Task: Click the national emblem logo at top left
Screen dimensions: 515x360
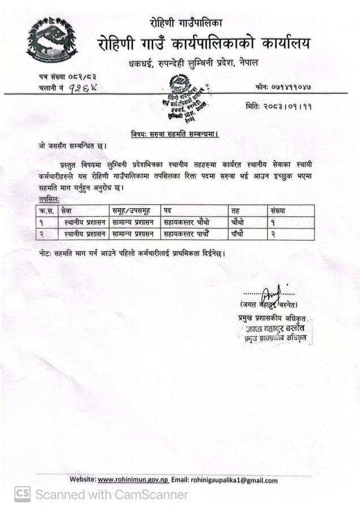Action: click(x=52, y=41)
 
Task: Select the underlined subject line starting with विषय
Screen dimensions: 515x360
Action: click(x=175, y=134)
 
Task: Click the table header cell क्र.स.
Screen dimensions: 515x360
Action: click(x=46, y=211)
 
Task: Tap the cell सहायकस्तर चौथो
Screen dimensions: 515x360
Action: click(x=185, y=222)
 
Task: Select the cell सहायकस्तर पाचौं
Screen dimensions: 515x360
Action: click(x=185, y=234)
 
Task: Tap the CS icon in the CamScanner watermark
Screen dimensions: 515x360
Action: click(x=22, y=495)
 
